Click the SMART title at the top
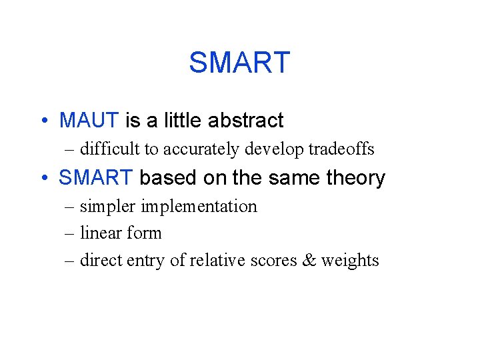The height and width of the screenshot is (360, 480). [239, 63]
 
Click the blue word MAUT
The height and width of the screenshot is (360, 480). [89, 121]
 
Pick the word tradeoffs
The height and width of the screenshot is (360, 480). [341, 149]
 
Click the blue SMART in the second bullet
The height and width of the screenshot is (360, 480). [96, 178]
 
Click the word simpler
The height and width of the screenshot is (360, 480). [108, 207]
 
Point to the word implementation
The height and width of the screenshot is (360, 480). [199, 207]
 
